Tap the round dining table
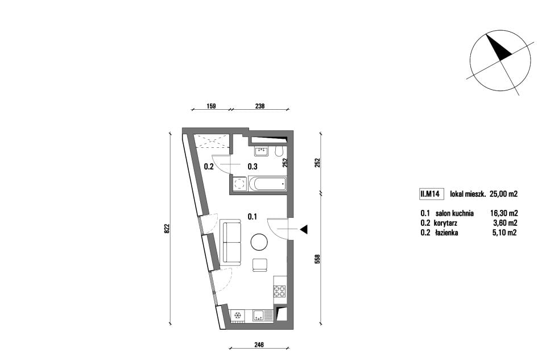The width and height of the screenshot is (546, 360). click(x=259, y=242)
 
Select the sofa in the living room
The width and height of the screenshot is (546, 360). click(x=230, y=242)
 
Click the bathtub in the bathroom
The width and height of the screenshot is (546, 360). click(x=267, y=184)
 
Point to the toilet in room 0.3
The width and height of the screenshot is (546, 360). click(x=279, y=152)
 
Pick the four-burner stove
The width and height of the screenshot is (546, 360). click(x=279, y=291)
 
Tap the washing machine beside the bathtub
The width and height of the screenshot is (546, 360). click(x=239, y=184)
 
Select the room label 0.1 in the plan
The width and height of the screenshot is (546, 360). click(x=253, y=217)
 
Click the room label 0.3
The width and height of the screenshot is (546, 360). click(x=253, y=167)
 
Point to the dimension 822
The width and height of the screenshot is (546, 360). click(x=167, y=229)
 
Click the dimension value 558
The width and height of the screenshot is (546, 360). click(x=317, y=259)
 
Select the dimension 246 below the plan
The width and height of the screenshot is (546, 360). click(x=259, y=345)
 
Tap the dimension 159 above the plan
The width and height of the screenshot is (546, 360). click(x=212, y=106)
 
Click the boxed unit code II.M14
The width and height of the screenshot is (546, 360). click(x=432, y=194)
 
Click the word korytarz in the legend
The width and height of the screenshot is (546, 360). click(x=446, y=223)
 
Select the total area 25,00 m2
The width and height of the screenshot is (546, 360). click(x=503, y=194)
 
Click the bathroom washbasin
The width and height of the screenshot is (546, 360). click(x=261, y=151)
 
